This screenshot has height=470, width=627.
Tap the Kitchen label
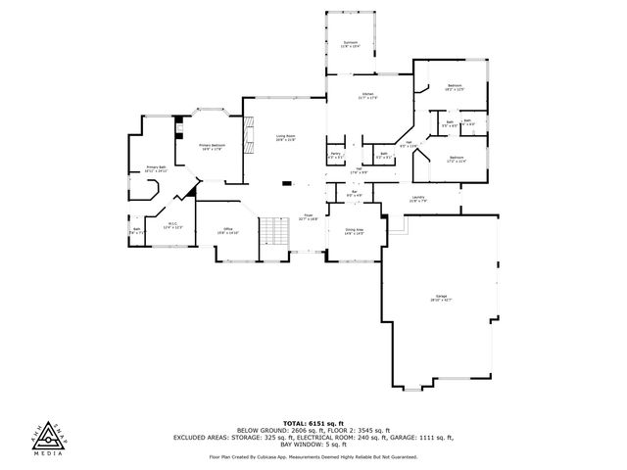tap(367, 96)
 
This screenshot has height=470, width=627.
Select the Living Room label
tap(285, 139)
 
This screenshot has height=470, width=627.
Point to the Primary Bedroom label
tap(213, 147)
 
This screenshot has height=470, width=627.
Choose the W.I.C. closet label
tap(172, 225)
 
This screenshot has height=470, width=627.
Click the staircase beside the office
tap(274, 233)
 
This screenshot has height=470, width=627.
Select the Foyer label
tap(309, 217)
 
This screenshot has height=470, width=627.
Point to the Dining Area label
tap(354, 232)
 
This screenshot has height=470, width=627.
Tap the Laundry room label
tap(418, 200)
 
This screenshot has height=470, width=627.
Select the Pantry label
tap(335, 155)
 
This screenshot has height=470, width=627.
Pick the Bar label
tap(355, 194)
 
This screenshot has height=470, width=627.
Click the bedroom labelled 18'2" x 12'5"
tap(456, 88)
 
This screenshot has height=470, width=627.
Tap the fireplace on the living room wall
tap(249, 137)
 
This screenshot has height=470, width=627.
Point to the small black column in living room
tap(285, 182)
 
